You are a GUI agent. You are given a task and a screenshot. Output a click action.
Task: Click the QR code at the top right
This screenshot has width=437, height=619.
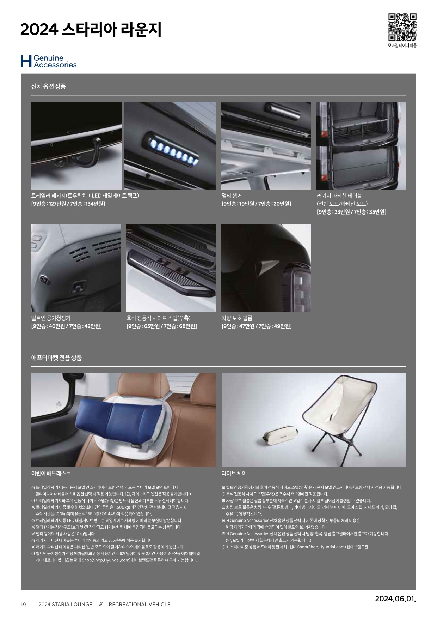pyautogui.click(x=402, y=27)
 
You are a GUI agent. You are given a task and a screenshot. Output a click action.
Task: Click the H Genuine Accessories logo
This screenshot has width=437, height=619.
pyautogui.click(x=49, y=61)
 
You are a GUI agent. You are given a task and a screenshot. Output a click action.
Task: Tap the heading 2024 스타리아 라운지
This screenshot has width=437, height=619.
pyautogui.click(x=91, y=30)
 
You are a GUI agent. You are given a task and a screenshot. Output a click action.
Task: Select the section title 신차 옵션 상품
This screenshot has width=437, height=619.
pyautogui.click(x=49, y=86)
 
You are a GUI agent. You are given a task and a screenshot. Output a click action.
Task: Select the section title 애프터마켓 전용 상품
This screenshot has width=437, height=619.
pyautogui.click(x=56, y=358)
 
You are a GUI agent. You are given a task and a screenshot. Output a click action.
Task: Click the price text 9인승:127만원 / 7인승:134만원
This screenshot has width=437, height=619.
pyautogui.click(x=68, y=204)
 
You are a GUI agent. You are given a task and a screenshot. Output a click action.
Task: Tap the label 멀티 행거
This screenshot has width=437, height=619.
pyautogui.click(x=232, y=196)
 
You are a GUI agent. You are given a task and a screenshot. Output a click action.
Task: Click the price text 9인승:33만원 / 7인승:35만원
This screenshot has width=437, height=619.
pyautogui.click(x=351, y=212)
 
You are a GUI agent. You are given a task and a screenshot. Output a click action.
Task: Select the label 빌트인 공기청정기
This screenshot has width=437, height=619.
pyautogui.click(x=51, y=318)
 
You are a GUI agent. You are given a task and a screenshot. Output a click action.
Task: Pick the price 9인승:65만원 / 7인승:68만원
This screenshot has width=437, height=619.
pyautogui.click(x=162, y=326)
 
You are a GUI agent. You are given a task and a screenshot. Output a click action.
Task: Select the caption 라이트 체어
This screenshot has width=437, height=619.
pyautogui.click(x=234, y=473)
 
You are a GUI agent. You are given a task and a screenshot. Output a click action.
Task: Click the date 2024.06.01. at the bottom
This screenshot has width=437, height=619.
pyautogui.click(x=395, y=599)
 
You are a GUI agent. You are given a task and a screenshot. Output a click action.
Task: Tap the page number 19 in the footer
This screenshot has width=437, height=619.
pyautogui.click(x=23, y=605)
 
